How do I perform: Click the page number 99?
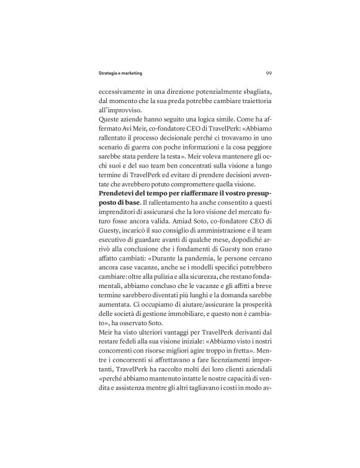[268, 72]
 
